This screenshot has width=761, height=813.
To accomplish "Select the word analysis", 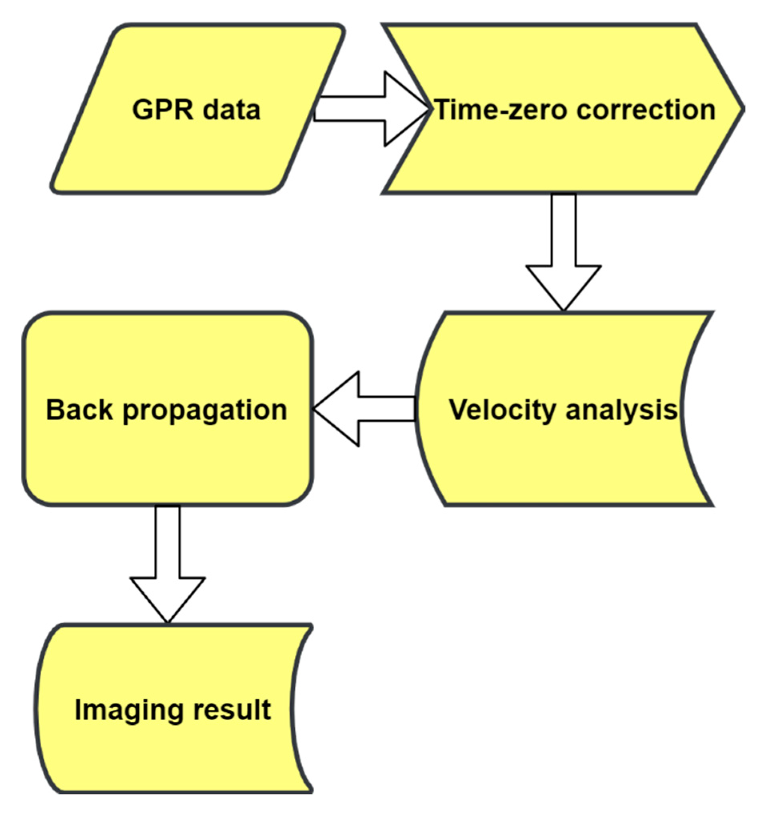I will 621,410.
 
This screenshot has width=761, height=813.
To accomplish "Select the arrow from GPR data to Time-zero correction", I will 368,109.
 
